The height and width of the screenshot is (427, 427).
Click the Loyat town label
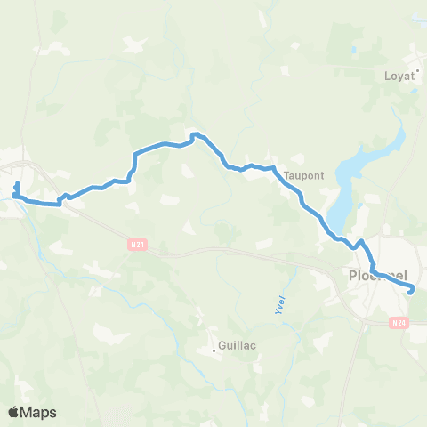pyautogui.click(x=399, y=76)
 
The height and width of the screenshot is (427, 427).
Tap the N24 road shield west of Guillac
pyautogui.click(x=135, y=241)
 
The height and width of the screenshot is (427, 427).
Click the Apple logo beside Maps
pyautogui.click(x=13, y=412)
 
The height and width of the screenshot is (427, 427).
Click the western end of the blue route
pyautogui.click(x=17, y=183)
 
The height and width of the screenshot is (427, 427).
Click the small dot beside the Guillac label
pyautogui.click(x=213, y=350)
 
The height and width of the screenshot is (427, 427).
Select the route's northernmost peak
pyautogui.click(x=196, y=134)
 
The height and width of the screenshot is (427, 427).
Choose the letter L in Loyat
pyautogui.click(x=386, y=76)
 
